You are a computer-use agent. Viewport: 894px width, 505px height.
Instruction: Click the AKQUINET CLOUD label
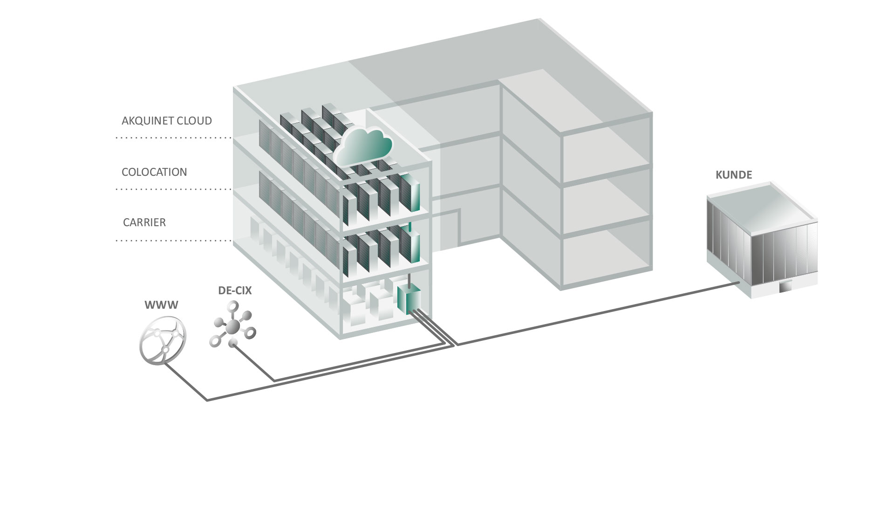pos(166,121)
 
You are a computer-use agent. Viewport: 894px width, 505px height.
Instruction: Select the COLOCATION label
pos(154,172)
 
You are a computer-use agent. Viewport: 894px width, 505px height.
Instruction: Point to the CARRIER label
pos(144,222)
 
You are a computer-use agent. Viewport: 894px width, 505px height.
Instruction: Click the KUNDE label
pos(734,175)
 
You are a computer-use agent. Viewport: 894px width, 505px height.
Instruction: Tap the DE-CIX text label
pos(235,291)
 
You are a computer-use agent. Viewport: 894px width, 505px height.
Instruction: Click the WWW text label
pos(161,305)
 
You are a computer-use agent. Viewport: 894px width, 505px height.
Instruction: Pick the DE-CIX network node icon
pos(233,325)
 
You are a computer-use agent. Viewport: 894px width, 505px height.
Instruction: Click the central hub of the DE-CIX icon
pos(233,325)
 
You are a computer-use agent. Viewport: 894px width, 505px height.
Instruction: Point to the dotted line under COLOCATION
pos(173,189)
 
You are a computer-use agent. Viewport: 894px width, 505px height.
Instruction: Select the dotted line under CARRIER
pos(173,241)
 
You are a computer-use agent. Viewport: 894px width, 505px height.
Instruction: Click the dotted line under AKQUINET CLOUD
pos(173,138)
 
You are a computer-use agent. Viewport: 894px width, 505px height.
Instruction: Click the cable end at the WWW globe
pos(166,364)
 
